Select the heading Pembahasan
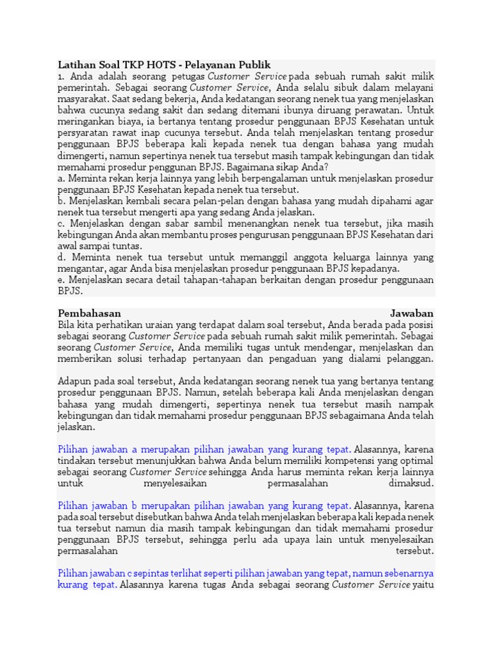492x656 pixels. pyautogui.click(x=89, y=313)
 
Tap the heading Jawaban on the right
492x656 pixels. pyautogui.click(x=411, y=313)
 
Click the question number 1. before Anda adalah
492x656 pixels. pyautogui.click(x=61, y=76)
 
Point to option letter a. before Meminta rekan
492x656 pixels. pyautogui.click(x=61, y=178)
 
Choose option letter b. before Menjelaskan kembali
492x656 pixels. pyautogui.click(x=61, y=201)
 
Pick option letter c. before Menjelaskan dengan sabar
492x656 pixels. pyautogui.click(x=61, y=224)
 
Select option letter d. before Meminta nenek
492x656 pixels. pyautogui.click(x=61, y=258)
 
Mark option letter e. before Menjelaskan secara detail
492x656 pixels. pyautogui.click(x=61, y=280)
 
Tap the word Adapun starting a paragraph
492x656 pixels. pyautogui.click(x=75, y=381)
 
